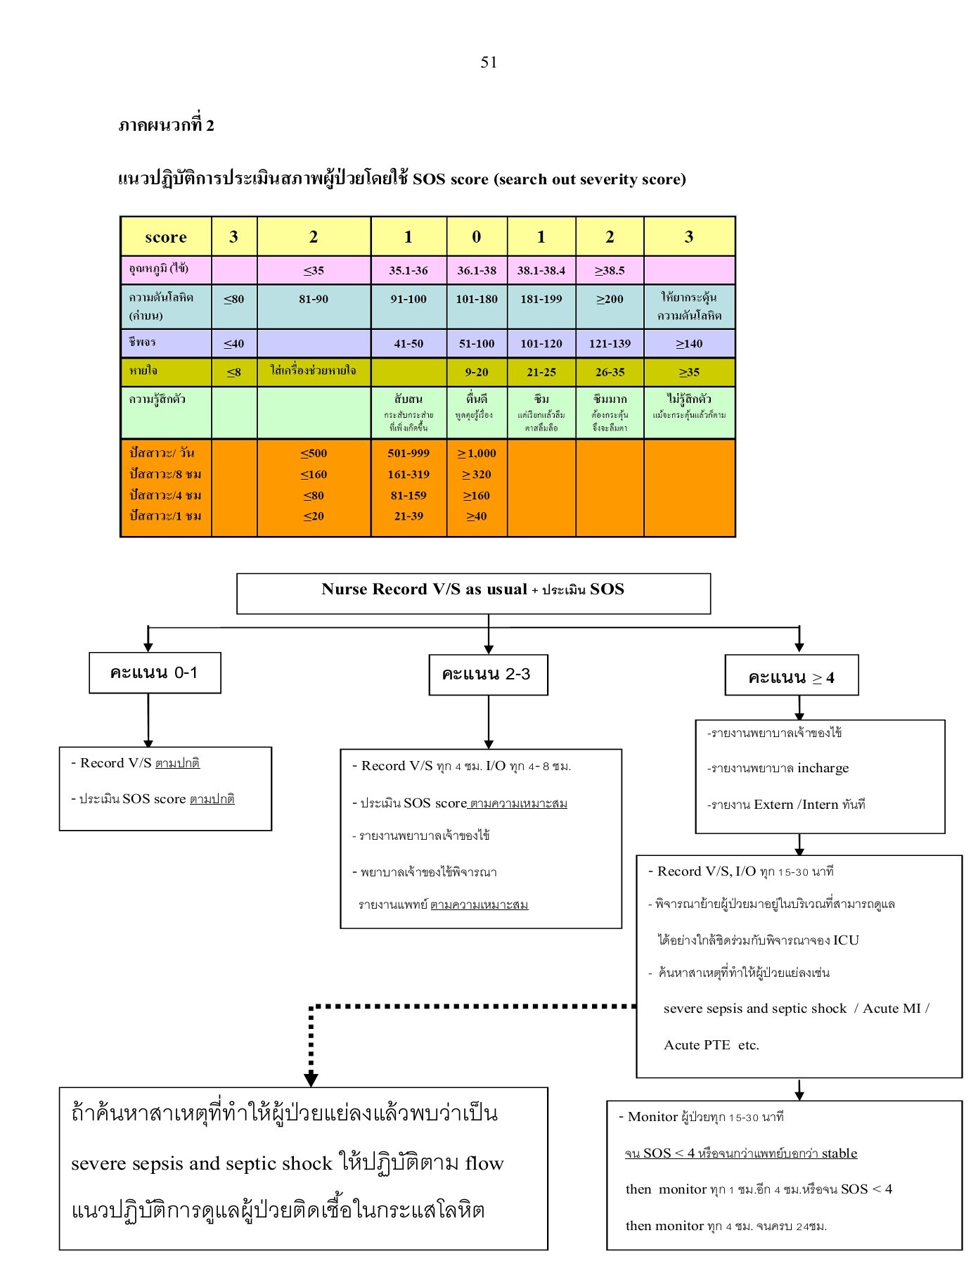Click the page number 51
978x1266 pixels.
pos(489,63)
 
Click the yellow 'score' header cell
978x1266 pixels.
pos(166,237)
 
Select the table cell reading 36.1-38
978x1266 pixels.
pos(477,270)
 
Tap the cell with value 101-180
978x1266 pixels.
pos(477,299)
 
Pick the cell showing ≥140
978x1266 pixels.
pos(689,343)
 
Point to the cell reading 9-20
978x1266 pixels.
pos(477,372)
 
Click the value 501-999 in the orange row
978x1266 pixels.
pos(408,453)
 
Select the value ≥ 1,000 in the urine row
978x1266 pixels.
pos(477,453)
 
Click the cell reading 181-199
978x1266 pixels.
pos(541,299)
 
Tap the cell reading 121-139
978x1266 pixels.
pos(610,343)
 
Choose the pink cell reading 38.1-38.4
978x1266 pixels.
pos(541,270)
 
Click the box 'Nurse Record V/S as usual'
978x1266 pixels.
pos(473,593)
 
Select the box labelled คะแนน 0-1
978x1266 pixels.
pos(155,672)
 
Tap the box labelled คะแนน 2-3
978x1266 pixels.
pos(488,674)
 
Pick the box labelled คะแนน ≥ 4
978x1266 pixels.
pos(791,677)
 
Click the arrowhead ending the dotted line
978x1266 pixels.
pos(311,1079)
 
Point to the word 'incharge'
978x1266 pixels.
pos(823,768)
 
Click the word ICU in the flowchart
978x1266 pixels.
pos(846,940)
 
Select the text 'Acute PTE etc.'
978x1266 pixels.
pos(712,1044)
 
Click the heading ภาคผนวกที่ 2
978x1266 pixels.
pos(166,125)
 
